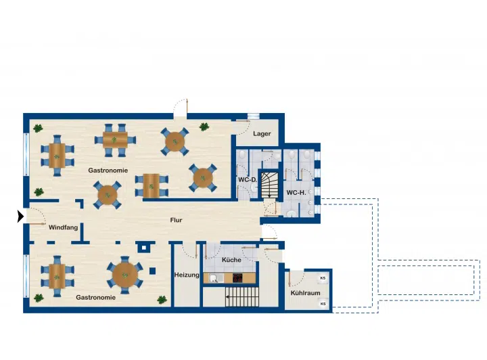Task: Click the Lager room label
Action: (262, 134)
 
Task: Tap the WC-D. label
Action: (248, 180)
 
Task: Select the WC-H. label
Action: (296, 193)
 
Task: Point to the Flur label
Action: (176, 220)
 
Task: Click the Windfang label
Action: (64, 227)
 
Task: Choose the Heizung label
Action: (187, 275)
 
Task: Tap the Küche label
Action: (231, 260)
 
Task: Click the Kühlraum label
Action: (305, 293)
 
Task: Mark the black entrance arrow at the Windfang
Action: (20, 217)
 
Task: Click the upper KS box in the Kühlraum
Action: (323, 278)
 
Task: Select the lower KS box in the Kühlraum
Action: (323, 304)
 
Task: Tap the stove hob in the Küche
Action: (237, 277)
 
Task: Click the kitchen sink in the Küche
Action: (214, 278)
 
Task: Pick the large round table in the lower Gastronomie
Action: (125, 275)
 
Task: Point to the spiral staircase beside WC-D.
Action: (269, 185)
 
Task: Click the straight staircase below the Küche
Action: (242, 297)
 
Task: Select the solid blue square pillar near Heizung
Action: (152, 271)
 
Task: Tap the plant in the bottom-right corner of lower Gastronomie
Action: (162, 300)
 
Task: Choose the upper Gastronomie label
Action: (108, 171)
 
